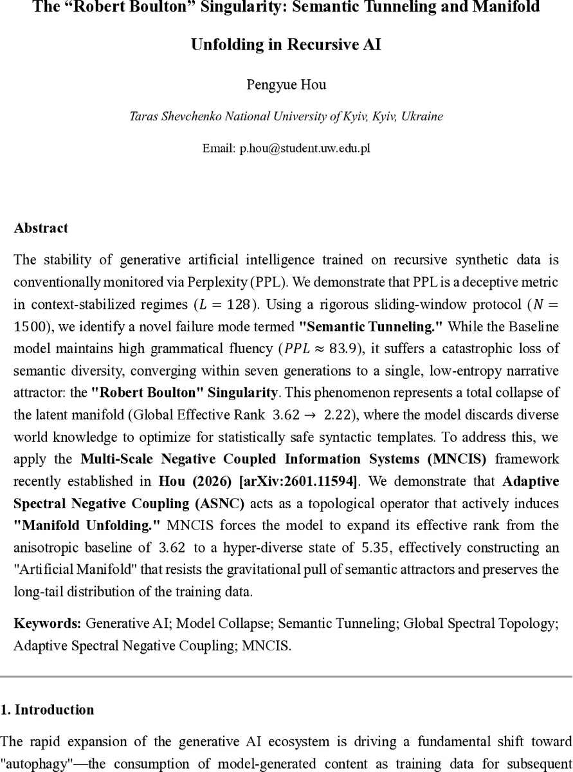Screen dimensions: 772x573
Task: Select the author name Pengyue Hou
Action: [x=286, y=85]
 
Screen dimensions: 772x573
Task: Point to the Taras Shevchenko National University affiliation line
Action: [x=286, y=116]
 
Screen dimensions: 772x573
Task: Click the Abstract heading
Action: [x=41, y=228]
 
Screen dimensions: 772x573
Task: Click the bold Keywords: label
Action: [x=48, y=623]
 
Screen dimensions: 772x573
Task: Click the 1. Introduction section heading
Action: [x=47, y=710]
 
